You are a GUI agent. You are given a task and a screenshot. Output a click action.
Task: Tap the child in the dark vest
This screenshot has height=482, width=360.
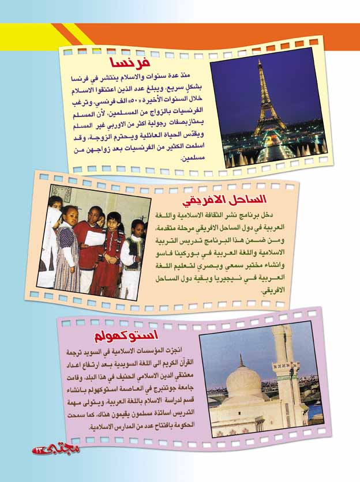132,254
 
